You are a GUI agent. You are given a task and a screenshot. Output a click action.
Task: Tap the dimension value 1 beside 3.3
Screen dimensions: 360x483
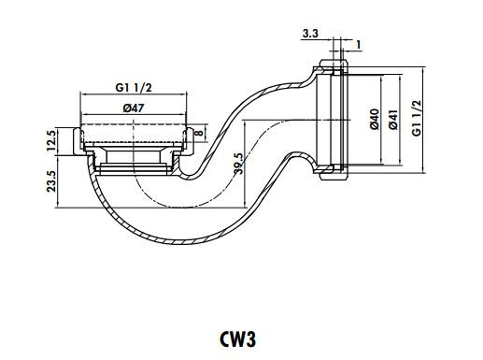[360, 44]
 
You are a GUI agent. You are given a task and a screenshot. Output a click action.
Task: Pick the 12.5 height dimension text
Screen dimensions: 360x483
[52, 143]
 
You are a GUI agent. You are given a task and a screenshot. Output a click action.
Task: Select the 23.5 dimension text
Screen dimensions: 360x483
[52, 180]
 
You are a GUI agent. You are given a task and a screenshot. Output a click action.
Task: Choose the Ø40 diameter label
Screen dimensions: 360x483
[374, 119]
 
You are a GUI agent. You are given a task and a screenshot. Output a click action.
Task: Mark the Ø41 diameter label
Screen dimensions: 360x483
[396, 119]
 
